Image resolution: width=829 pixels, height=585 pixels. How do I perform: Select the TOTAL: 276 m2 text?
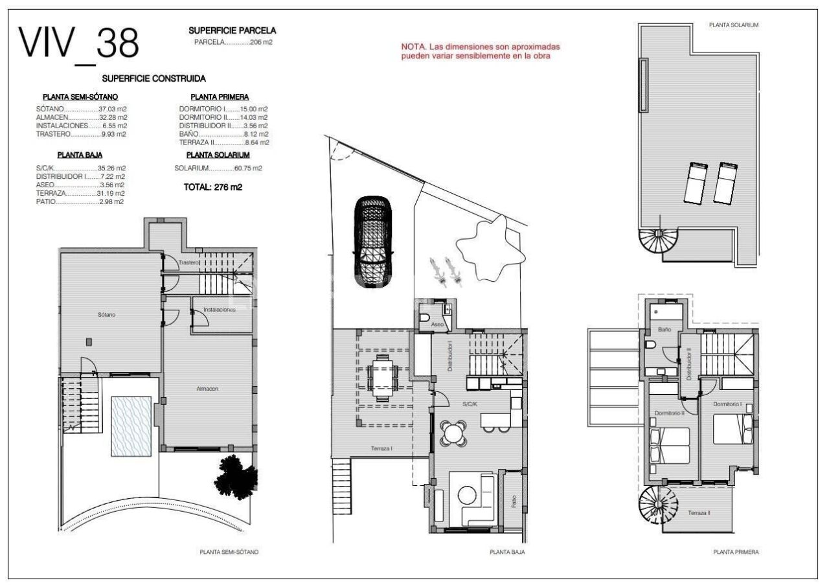tap(214, 188)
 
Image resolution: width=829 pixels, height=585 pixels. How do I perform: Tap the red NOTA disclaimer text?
tap(480, 52)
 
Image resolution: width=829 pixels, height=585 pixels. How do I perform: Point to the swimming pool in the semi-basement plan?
tap(131, 426)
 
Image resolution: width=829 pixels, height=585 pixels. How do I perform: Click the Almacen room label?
tap(207, 389)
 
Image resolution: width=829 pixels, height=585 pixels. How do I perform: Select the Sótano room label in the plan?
tap(106, 315)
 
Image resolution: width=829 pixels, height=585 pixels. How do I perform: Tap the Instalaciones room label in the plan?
tap(219, 310)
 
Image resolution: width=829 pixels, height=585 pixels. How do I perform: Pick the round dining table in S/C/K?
tap(453, 433)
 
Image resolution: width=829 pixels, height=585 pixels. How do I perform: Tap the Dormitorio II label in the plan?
tap(669, 413)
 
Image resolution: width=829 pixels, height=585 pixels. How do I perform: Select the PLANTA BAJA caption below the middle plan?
tap(506, 553)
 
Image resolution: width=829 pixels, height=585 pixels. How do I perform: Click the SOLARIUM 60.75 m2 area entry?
tap(218, 168)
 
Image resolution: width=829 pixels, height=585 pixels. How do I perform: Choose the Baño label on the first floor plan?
tap(664, 330)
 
